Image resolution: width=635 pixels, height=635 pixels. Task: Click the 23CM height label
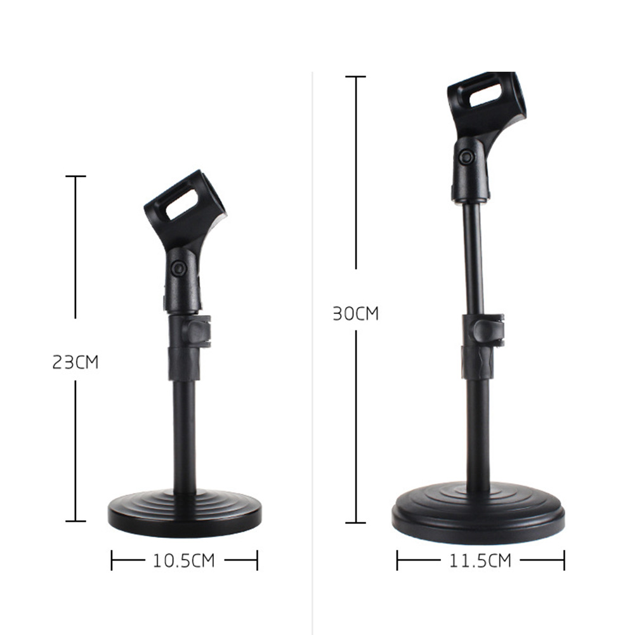point(75,363)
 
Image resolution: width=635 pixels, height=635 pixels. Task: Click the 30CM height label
point(355,313)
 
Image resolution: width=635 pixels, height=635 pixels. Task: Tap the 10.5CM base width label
point(184,560)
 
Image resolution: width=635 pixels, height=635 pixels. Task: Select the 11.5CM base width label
point(480,560)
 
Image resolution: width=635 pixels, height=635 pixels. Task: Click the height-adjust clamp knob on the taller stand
point(490,330)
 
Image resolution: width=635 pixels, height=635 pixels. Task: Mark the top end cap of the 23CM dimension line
point(75,176)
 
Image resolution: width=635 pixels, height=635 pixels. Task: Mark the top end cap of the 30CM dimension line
point(355,77)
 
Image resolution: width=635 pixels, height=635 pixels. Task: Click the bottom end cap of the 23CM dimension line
point(75,521)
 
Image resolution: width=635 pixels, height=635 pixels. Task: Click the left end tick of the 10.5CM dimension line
point(112,560)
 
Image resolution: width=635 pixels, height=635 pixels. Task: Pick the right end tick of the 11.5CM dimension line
point(564,560)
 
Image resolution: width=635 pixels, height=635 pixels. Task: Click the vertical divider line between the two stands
point(313,317)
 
